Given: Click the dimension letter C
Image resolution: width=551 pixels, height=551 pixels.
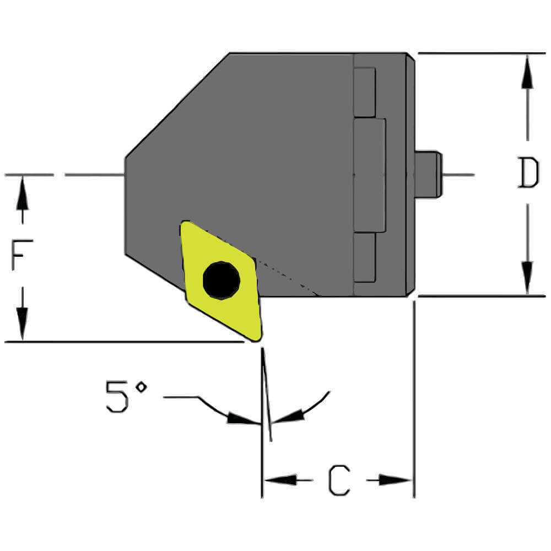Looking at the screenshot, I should coord(339,480).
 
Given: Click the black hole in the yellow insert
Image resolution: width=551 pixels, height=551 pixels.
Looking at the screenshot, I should coord(221,280).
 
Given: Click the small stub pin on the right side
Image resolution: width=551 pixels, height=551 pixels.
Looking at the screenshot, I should coord(429,174).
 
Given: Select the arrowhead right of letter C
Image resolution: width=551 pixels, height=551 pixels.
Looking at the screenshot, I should coord(396,480).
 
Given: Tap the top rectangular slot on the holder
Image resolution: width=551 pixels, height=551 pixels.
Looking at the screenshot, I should coord(364,92).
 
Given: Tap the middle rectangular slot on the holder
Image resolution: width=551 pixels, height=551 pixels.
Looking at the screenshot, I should coord(369,175).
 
